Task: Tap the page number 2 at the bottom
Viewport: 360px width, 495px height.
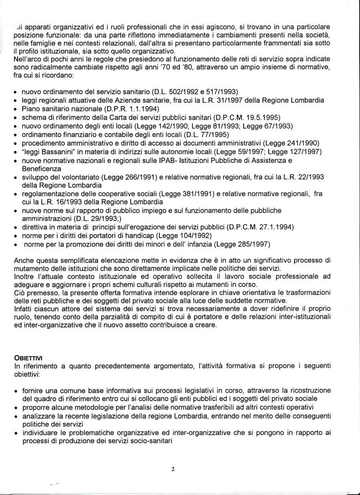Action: click(173, 469)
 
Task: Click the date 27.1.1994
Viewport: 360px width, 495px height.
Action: click(277, 227)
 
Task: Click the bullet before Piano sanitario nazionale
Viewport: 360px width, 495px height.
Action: click(15, 109)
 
